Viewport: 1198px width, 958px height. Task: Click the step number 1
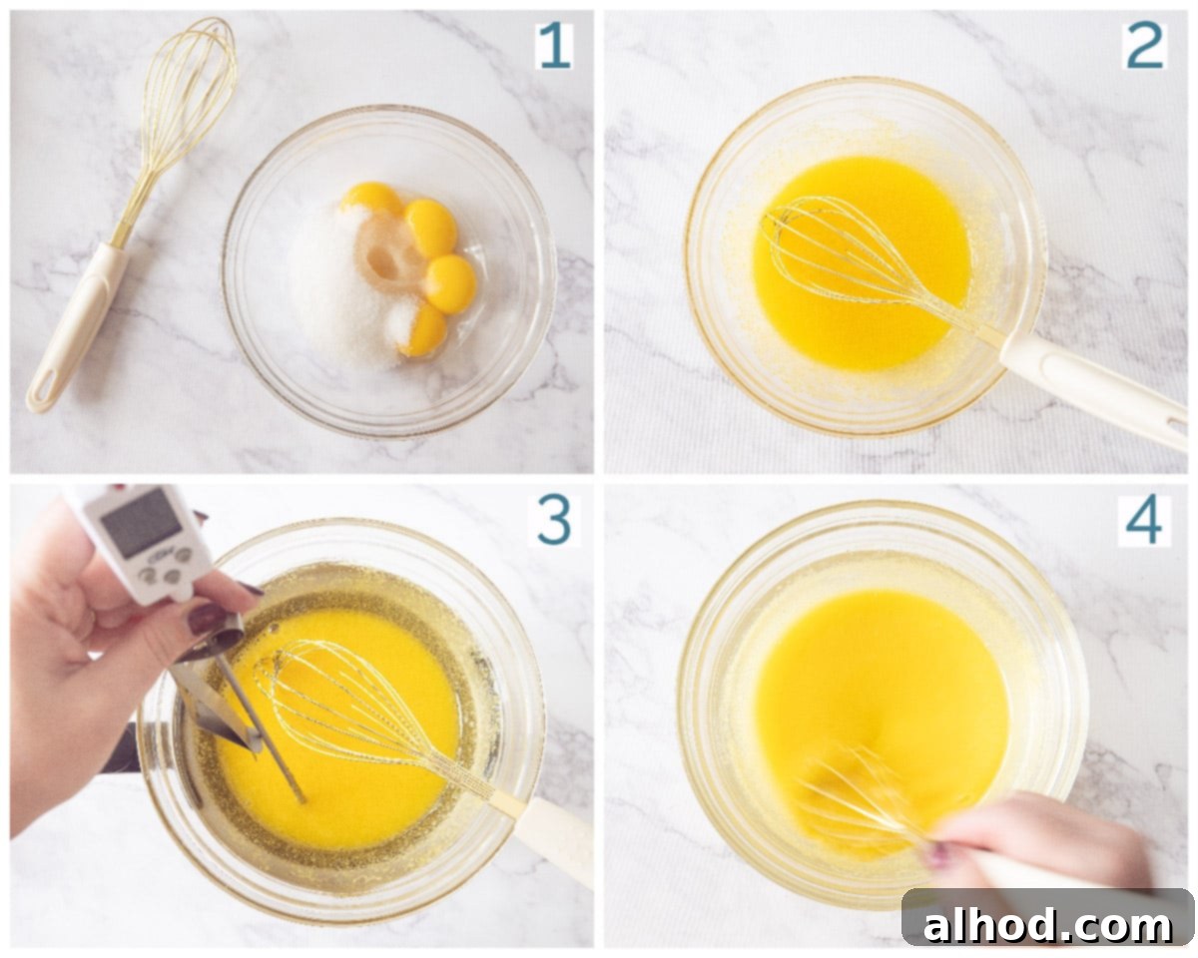(555, 46)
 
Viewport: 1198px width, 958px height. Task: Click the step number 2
(1145, 46)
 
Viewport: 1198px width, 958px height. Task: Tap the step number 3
(554, 521)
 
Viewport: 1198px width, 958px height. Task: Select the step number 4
(1144, 521)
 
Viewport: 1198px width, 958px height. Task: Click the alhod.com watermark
(1046, 926)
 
